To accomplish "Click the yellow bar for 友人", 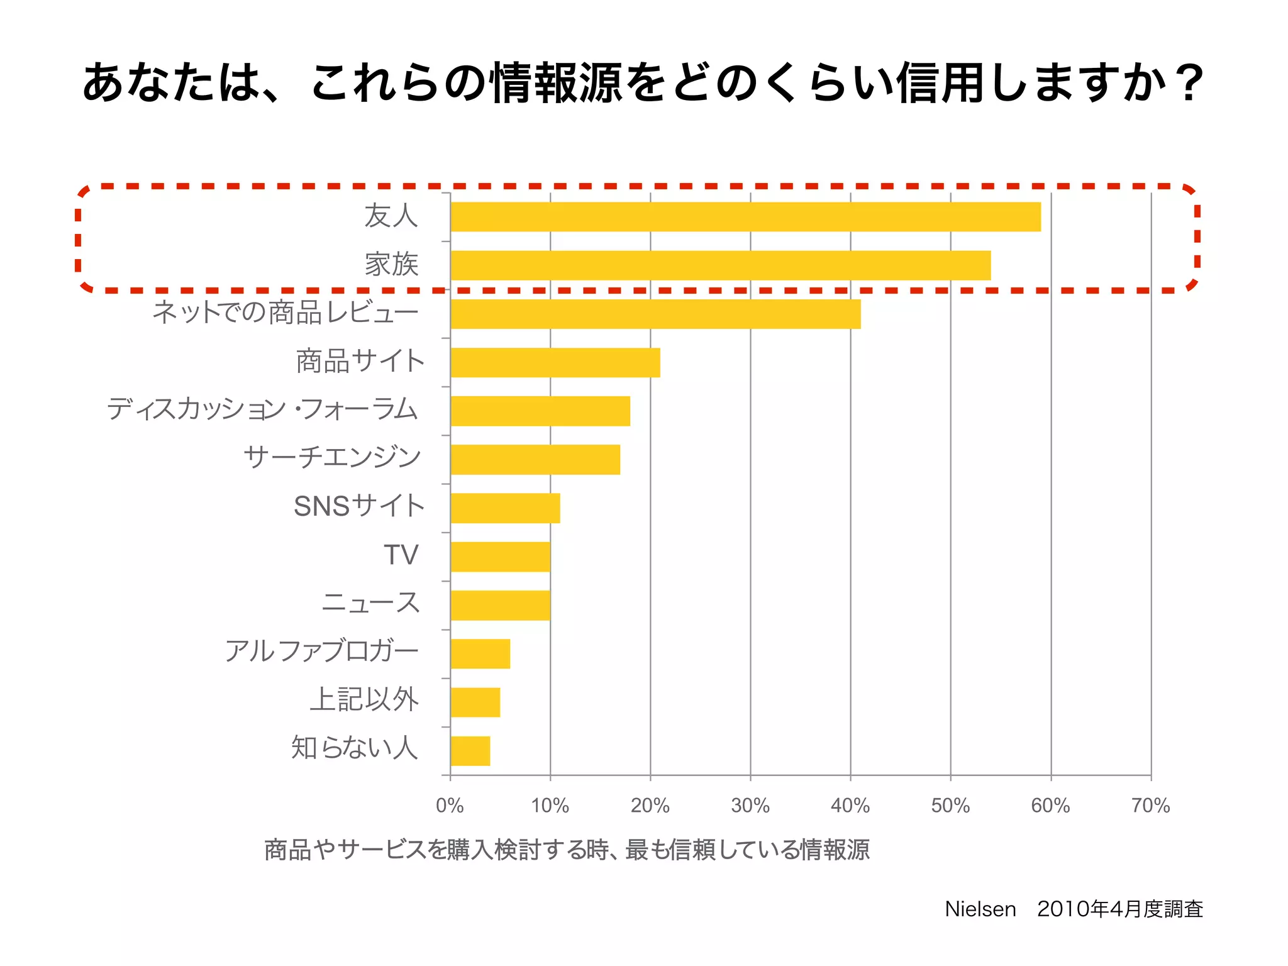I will (745, 217).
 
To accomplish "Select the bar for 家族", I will (720, 265).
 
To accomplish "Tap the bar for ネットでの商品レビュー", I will (655, 314).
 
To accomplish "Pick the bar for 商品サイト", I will (555, 362).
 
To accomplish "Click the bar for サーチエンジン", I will (535, 460).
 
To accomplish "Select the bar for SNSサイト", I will (505, 508).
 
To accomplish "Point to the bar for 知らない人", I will (470, 751).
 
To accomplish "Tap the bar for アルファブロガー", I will (480, 654).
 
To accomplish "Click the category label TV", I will (401, 555).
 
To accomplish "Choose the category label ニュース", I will (370, 603).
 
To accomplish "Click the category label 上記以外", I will (364, 700).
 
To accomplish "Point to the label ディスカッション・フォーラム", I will (262, 409).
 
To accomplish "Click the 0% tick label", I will (450, 806).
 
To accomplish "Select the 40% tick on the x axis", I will (850, 806).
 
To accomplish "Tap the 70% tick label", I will (1150, 806).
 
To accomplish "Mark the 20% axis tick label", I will (650, 806).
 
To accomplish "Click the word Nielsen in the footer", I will (980, 909).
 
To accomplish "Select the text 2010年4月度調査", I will (1119, 909).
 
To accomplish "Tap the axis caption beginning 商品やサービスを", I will (567, 850).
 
